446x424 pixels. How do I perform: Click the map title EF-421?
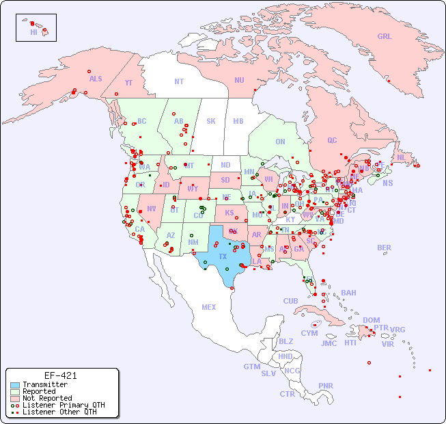click(60, 375)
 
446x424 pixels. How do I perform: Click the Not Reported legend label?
click(46, 398)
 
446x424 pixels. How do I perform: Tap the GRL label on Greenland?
click(385, 37)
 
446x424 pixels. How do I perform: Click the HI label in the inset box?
click(34, 32)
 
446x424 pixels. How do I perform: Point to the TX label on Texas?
click(223, 256)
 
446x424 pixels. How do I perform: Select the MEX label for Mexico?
click(208, 307)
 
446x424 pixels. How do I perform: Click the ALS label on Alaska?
click(96, 79)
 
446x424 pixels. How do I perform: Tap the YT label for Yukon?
click(128, 83)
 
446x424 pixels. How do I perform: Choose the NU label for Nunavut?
click(239, 80)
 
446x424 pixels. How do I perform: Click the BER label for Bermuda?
click(385, 248)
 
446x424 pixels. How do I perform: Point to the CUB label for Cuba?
click(290, 301)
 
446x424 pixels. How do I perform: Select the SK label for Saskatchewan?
click(211, 121)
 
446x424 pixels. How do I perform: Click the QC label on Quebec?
click(332, 140)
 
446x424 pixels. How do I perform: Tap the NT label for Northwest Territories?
click(178, 81)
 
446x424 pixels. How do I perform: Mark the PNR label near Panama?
click(326, 386)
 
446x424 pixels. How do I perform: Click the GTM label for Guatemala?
click(251, 367)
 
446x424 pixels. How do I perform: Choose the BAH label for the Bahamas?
click(348, 293)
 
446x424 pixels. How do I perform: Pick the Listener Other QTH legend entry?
click(59, 412)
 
